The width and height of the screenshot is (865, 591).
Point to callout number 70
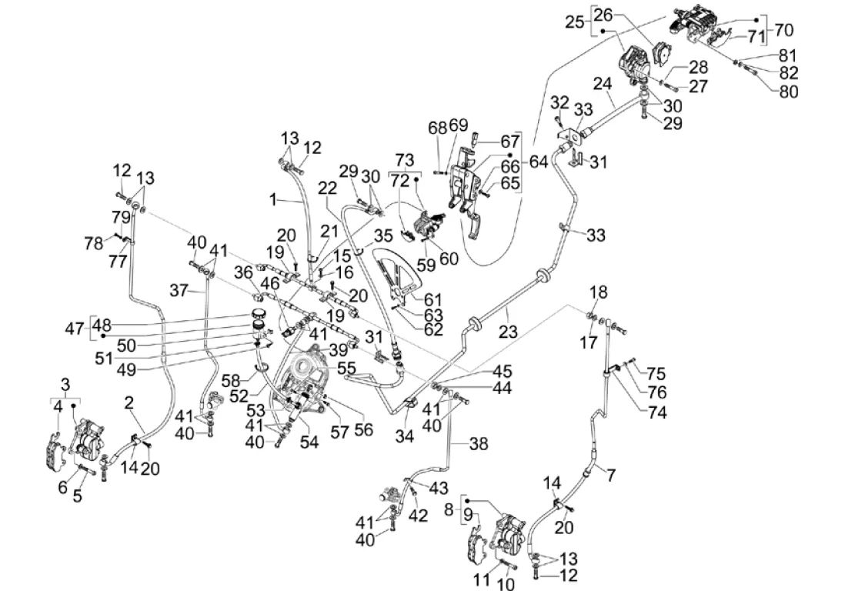point(783,30)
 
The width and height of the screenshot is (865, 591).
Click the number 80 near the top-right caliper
point(789,91)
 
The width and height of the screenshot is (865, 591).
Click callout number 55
point(347,369)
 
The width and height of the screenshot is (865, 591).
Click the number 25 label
point(575,22)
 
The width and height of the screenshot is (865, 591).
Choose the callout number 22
point(327,188)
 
